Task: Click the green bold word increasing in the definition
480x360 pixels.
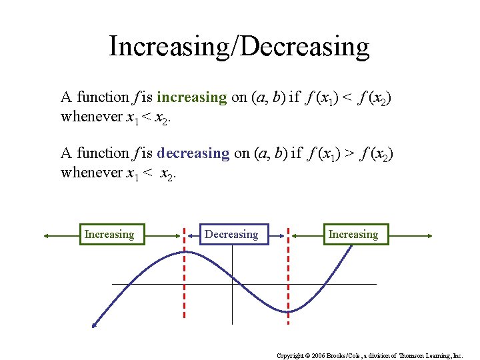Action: point(192,97)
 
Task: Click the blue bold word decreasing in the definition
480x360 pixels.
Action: point(193,153)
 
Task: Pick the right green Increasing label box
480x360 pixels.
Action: point(353,235)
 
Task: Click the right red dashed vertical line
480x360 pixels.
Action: point(288,280)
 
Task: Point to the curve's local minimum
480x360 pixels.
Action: point(287,312)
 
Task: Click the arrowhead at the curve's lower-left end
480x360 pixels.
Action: point(95,325)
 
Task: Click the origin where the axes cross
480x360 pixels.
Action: point(232,284)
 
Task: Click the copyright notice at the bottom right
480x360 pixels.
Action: point(369,356)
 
